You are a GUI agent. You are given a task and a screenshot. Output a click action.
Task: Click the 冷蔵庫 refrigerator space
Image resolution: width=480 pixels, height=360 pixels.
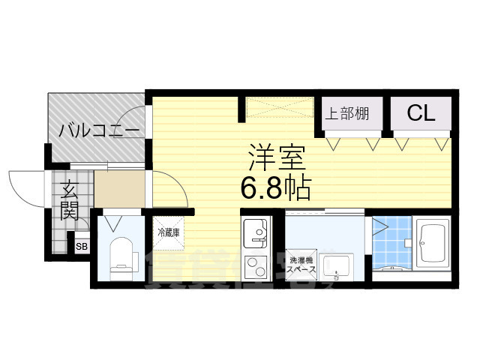pyautogui.click(x=169, y=232)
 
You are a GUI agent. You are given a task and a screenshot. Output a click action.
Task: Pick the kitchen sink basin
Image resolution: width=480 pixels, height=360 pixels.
pyautogui.click(x=256, y=230)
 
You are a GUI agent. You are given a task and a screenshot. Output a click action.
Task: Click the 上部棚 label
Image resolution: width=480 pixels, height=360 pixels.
pyautogui.click(x=347, y=114)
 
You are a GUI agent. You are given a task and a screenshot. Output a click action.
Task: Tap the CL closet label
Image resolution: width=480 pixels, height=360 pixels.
pyautogui.click(x=421, y=113)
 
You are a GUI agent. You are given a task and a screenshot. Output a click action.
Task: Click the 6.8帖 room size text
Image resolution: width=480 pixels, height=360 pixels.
pyautogui.click(x=275, y=187)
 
